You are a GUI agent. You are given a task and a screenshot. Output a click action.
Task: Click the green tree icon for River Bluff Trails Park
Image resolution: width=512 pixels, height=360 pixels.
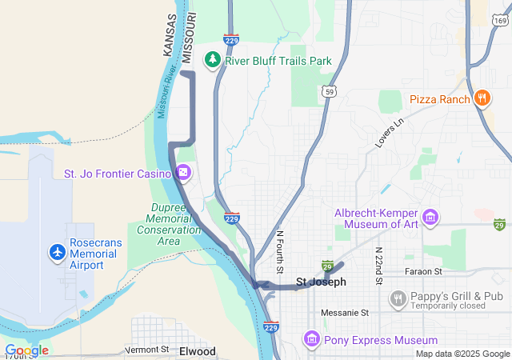point(212,59)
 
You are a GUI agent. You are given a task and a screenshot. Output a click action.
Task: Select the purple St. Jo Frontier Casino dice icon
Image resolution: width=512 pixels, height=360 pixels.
point(183,173)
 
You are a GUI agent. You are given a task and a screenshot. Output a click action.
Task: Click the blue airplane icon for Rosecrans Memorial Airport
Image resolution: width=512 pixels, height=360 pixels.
point(57,253)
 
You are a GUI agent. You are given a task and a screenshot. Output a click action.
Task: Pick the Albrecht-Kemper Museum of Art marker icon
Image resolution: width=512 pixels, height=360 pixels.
point(431,217)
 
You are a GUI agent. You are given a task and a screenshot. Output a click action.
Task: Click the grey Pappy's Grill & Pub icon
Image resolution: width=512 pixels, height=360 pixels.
point(398,299)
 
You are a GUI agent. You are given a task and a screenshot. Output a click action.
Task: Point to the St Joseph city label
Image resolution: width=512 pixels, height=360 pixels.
point(321,282)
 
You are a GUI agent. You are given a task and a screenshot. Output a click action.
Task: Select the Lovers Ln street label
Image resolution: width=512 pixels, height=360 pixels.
point(390,132)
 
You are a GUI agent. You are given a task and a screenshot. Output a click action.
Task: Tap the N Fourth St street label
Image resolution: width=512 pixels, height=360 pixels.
point(280,251)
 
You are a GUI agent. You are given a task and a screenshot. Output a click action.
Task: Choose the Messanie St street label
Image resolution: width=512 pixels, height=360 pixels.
point(344,312)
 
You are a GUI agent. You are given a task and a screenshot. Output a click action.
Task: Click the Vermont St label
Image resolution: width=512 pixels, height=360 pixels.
point(147,350)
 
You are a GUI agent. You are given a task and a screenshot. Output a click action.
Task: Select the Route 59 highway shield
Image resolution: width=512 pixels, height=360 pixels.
point(329,94)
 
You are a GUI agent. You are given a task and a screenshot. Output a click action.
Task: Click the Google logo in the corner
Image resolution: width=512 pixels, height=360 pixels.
point(26,350)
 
